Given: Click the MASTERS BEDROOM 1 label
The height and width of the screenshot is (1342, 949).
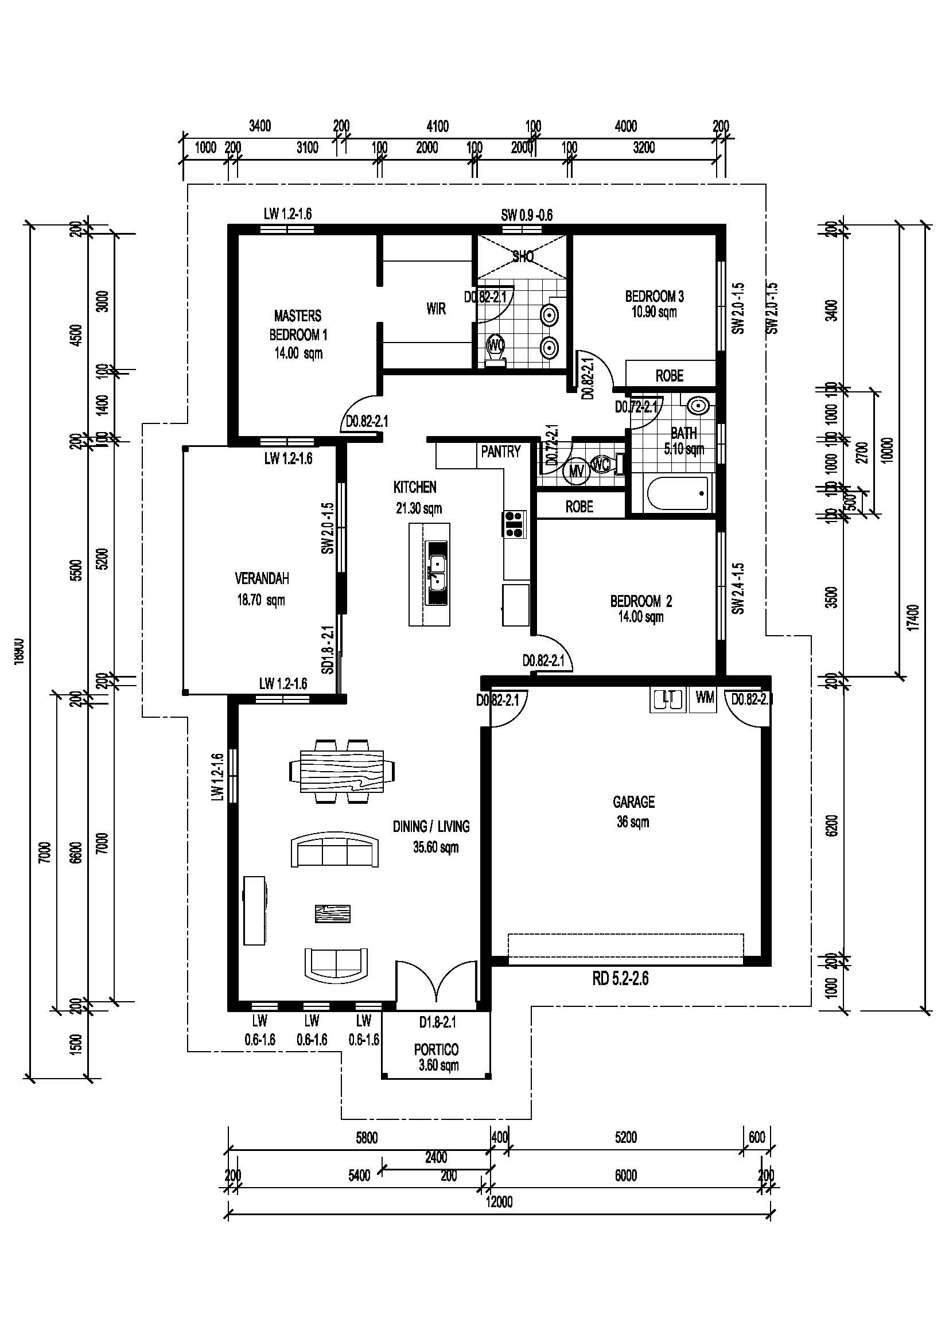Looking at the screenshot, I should click(x=297, y=334).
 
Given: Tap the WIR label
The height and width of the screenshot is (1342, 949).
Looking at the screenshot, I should click(x=436, y=309).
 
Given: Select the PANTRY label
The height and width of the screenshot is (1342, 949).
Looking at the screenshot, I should click(x=501, y=452).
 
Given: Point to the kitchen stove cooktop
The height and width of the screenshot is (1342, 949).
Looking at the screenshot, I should click(x=514, y=524).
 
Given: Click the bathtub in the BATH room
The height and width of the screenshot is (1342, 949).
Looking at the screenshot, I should click(x=678, y=494).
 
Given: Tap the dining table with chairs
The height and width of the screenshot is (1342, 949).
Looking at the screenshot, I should click(x=342, y=772).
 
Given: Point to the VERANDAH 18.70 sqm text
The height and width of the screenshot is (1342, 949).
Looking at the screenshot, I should click(x=262, y=589).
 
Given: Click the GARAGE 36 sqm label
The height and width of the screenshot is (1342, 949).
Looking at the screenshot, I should click(x=633, y=811).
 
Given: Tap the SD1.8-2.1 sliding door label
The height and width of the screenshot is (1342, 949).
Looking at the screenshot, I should click(x=329, y=649).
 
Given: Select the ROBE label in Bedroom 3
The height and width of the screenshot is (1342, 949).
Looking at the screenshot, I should click(x=669, y=376).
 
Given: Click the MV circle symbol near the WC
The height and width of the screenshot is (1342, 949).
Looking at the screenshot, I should click(x=576, y=471).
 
